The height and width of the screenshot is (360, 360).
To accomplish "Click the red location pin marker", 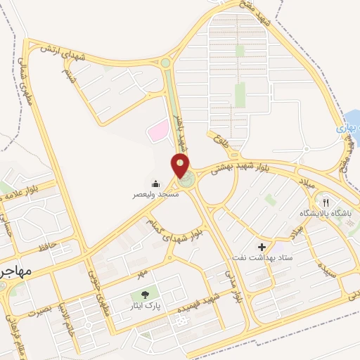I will [182, 167].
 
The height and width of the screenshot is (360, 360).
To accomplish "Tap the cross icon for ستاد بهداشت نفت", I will [262, 247].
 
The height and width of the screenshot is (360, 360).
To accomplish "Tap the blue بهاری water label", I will [349, 129].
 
